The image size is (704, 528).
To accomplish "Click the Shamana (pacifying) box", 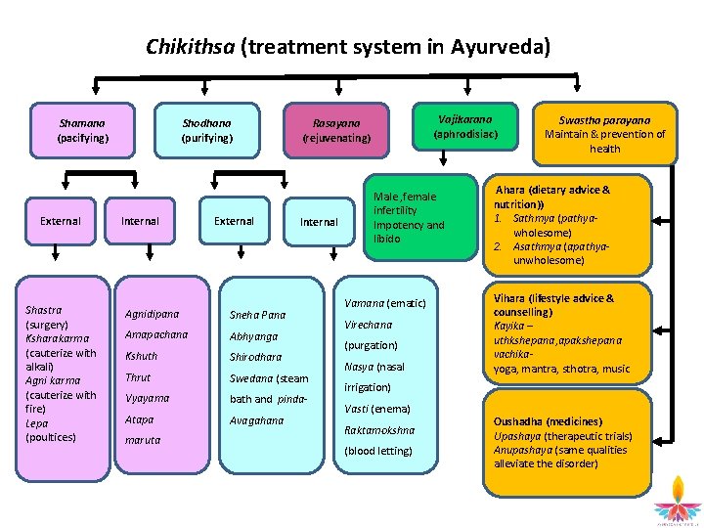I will tap(82, 131).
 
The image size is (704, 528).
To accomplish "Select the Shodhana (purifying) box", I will tap(207, 131).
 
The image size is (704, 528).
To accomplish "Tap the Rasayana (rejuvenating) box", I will tap(335, 131).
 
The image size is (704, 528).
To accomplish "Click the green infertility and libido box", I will tap(410, 217).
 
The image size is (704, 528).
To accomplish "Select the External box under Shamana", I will tap(60, 221).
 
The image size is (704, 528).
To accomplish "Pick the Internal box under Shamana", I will tap(140, 221).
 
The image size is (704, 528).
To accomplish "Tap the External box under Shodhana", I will tap(234, 221).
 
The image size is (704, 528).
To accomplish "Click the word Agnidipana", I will tap(152, 314).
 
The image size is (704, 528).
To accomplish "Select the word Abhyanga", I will tap(253, 336).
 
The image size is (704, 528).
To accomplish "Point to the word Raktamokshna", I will tap(379, 429).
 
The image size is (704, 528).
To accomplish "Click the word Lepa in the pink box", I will tap(36, 423).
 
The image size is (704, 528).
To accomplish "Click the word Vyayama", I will tap(147, 398).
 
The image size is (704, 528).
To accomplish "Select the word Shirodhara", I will tap(255, 357).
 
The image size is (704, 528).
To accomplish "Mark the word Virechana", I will tap(368, 325).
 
